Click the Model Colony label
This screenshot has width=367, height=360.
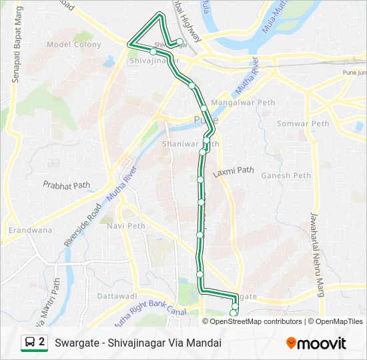74,45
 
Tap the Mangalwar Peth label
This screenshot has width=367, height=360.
242,103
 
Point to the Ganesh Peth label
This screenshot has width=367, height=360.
286,175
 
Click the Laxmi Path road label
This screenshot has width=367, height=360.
234,171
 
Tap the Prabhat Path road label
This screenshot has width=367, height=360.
66,184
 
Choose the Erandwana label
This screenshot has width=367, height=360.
30,231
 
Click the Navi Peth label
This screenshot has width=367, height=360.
126,226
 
